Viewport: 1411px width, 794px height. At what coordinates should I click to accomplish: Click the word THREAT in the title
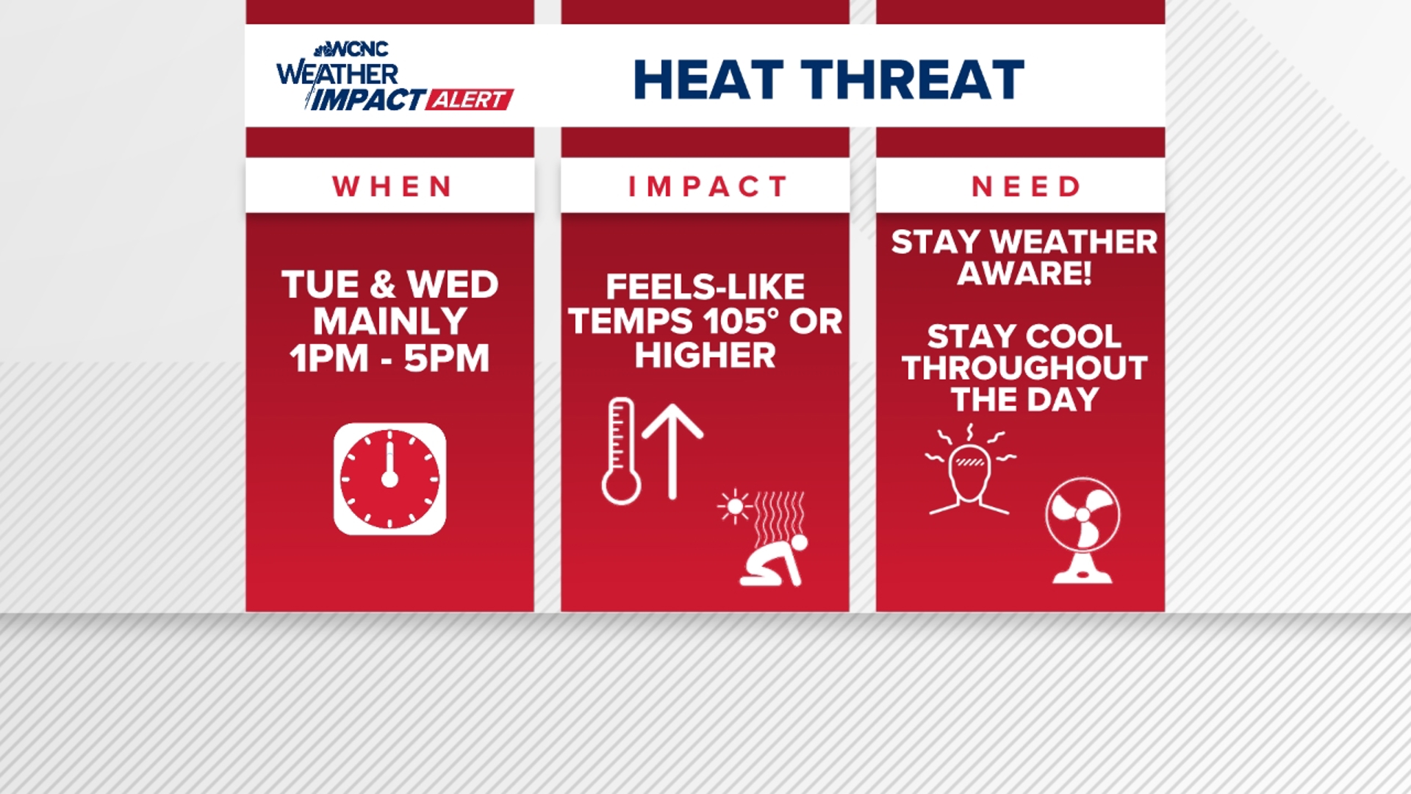pos(913,79)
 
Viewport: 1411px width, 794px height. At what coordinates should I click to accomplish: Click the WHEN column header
pos(392,187)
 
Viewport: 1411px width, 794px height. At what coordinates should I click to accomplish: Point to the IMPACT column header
pos(708,187)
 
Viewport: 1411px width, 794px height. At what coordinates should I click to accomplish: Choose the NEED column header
pos(1026,187)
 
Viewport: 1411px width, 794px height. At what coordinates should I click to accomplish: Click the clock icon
pos(389,479)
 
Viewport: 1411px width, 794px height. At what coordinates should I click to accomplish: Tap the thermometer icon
pos(621,451)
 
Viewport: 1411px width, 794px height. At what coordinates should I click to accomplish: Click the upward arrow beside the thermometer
pos(672,451)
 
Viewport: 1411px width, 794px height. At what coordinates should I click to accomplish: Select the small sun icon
pos(733,507)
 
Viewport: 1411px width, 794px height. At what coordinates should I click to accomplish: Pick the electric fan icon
pos(1083,530)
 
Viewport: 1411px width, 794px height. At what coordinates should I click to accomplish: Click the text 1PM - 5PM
pos(389,359)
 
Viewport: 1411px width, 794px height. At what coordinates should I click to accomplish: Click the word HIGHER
pos(705,356)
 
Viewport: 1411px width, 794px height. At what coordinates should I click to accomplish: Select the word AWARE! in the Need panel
pos(1024,273)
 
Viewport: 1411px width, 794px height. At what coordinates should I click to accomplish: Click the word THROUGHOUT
pos(1024,368)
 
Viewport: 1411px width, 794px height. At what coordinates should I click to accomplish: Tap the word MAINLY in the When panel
pos(389,322)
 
